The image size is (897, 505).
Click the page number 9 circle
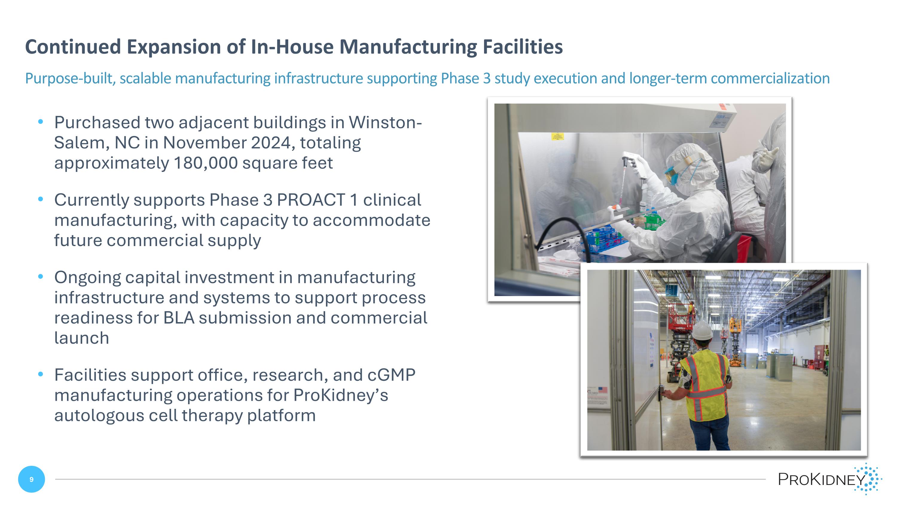[x=31, y=479]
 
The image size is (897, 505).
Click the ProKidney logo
[x=829, y=479]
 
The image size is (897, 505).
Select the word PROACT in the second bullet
[x=311, y=200]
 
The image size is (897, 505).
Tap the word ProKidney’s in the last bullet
[x=340, y=395]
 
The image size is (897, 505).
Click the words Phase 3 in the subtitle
[x=466, y=78]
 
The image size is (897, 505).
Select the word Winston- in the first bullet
[x=385, y=123]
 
